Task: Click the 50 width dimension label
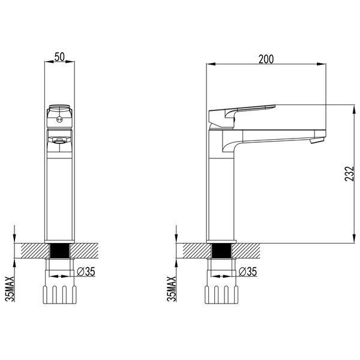coord(59,57)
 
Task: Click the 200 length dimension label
coord(266,59)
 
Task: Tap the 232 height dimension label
coord(349,174)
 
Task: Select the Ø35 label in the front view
coord(86,271)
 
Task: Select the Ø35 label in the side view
coord(248,271)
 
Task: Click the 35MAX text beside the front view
coord(10,289)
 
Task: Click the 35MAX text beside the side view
coord(171,289)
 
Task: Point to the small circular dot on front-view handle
coord(59,119)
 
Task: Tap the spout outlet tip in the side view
coord(317,140)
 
